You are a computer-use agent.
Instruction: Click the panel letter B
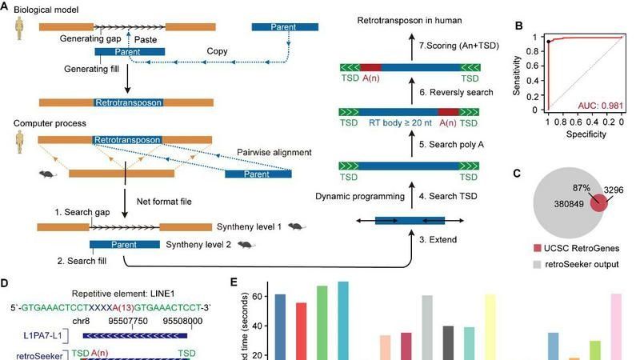click(x=519, y=26)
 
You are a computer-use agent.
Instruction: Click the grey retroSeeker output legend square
click(x=534, y=261)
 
